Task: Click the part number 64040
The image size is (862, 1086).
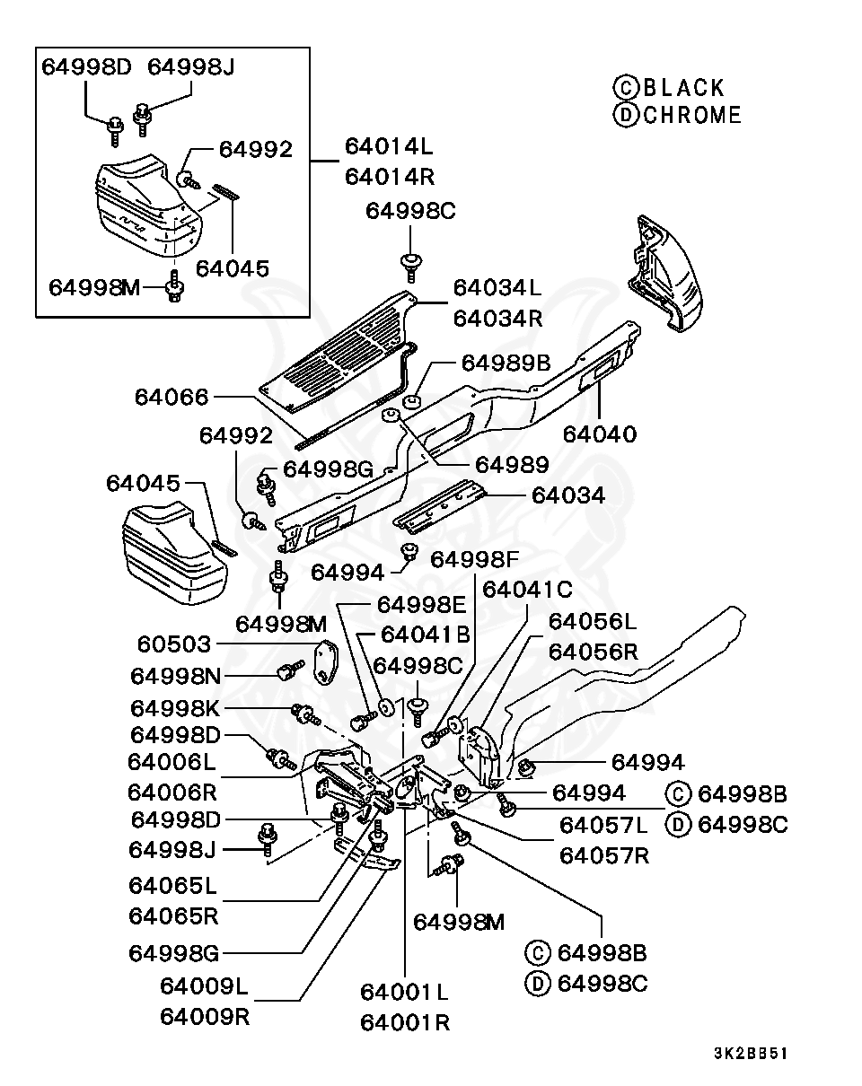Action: click(600, 434)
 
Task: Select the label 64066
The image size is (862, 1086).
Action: click(172, 398)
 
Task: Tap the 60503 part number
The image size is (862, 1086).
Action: click(173, 644)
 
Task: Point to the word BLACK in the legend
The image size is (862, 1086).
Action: click(684, 88)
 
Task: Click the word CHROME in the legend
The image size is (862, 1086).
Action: click(692, 116)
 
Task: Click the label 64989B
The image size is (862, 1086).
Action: click(506, 363)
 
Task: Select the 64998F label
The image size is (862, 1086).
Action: click(474, 560)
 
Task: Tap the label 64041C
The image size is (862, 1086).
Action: click(527, 590)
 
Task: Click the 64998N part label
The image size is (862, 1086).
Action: click(176, 677)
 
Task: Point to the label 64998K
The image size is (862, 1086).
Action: click(175, 709)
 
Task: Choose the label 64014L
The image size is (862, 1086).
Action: click(389, 147)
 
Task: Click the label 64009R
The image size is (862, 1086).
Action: click(205, 1017)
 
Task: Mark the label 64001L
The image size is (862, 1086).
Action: click(404, 993)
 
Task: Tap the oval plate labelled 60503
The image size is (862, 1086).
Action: click(326, 661)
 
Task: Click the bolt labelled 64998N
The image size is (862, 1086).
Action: click(290, 670)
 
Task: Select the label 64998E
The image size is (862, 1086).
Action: click(422, 605)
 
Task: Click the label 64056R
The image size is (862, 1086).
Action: click(594, 652)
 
